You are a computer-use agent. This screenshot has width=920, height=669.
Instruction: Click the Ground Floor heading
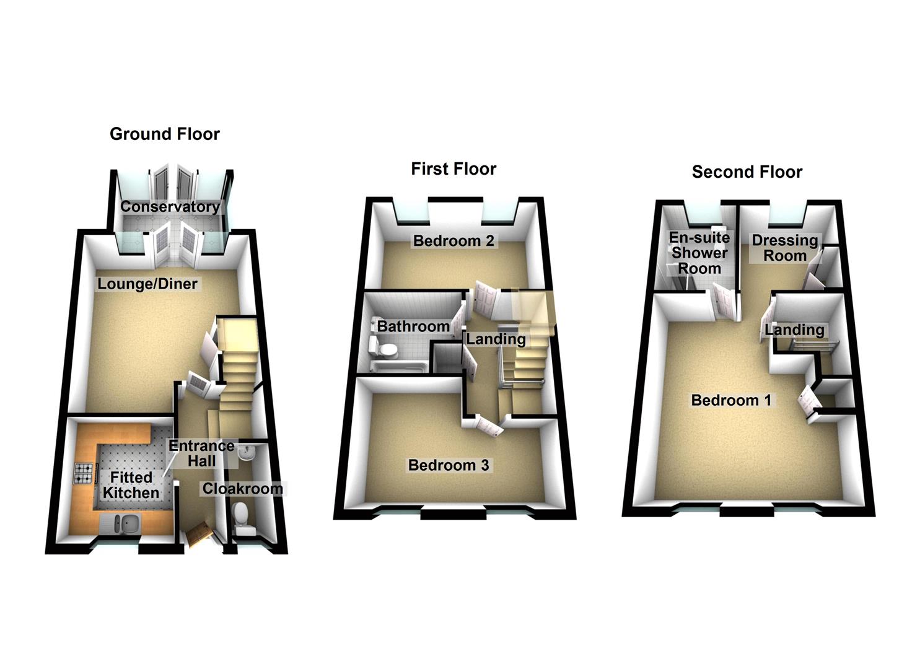[164, 134]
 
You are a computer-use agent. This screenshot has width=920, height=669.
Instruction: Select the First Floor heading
[453, 169]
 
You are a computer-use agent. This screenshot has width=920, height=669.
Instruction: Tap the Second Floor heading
[747, 172]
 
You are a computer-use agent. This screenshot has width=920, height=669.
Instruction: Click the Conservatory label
[170, 207]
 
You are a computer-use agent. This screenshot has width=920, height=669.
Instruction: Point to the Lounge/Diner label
[147, 284]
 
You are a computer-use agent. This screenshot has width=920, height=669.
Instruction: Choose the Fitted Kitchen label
[131, 485]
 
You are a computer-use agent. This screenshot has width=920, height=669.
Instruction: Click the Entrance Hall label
[201, 453]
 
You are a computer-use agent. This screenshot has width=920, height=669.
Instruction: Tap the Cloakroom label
[242, 489]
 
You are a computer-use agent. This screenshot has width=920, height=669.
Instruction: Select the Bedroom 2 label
[453, 241]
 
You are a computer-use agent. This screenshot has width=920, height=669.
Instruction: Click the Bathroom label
[413, 326]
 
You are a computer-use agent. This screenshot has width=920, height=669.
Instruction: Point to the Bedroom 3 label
[448, 465]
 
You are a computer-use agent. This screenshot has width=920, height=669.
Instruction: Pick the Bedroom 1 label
[731, 400]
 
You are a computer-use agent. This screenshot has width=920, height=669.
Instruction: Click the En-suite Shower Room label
[699, 253]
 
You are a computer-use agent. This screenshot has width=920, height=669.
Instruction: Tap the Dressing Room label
[784, 248]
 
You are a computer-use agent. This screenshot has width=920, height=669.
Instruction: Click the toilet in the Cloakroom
[241, 515]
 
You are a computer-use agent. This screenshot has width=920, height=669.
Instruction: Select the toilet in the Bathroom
[386, 350]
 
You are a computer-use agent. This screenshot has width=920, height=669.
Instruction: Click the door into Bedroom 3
[488, 426]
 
